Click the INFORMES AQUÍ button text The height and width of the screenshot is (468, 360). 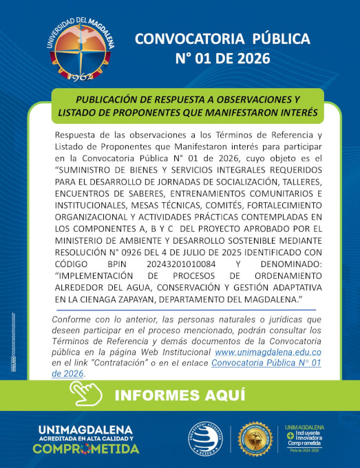[180, 395]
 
